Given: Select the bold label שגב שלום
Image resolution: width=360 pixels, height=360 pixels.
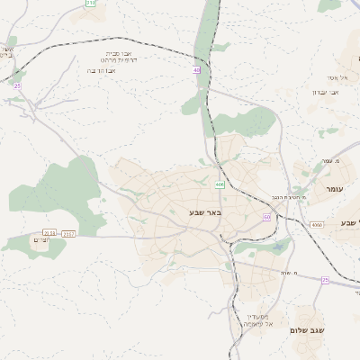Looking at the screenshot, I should [306, 330].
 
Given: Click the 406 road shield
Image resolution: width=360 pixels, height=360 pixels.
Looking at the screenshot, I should [220, 184].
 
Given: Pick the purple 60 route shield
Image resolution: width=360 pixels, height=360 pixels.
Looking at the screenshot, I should [266, 217].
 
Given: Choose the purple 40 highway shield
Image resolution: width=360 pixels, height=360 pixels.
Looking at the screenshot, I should [196, 69].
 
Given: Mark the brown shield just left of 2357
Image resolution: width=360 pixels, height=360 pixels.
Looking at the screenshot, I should [49, 232].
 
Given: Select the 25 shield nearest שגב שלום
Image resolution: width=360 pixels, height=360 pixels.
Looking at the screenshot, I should [325, 280].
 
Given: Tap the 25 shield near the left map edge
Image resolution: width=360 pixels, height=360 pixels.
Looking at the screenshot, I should [16, 85].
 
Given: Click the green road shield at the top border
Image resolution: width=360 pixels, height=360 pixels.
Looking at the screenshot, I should [90, 3].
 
